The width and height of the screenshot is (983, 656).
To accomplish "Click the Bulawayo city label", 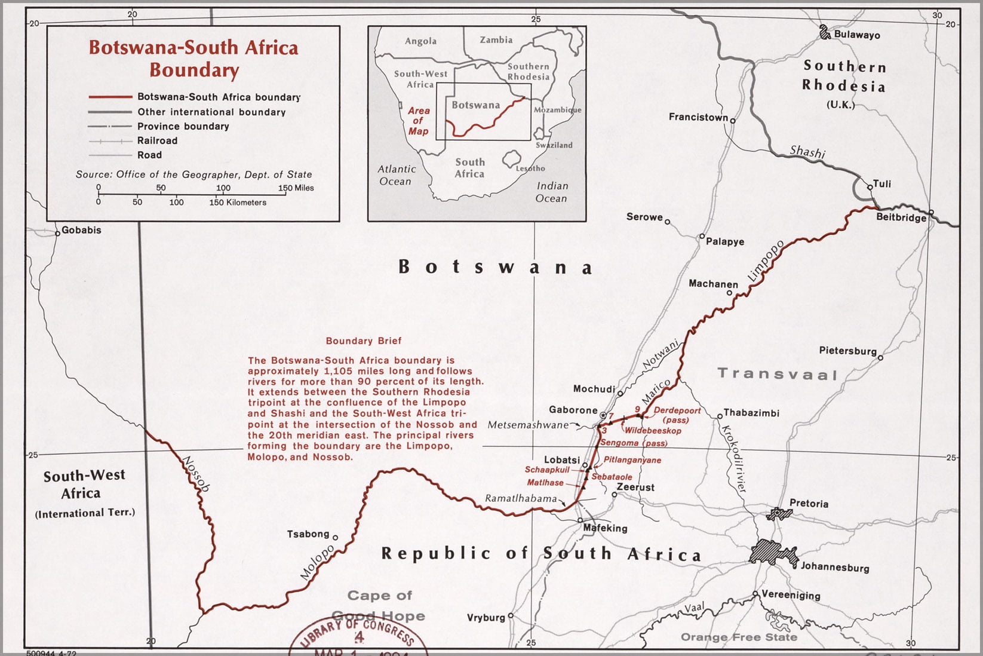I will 856,35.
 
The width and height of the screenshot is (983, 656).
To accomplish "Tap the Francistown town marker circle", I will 733,121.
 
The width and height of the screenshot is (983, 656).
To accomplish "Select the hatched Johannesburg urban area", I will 773,554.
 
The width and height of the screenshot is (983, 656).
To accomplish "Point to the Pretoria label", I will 809,503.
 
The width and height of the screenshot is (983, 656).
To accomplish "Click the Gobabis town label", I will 81,230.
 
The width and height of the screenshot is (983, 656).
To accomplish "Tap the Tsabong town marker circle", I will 335,537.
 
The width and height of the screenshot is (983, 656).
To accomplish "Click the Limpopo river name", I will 765,261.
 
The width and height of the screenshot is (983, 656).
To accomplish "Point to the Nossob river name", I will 195,474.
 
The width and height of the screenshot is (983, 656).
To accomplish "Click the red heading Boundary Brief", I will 363,341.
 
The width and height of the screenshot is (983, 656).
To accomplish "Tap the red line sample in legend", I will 110,97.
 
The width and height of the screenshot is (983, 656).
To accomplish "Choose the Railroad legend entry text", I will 157,141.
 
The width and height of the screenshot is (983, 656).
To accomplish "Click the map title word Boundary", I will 194,70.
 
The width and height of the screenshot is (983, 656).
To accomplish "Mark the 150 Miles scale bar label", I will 296,188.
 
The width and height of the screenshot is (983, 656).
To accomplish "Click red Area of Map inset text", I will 418,121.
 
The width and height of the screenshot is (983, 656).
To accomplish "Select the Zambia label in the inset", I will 496,40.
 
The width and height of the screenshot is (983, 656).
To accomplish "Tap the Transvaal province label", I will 777,374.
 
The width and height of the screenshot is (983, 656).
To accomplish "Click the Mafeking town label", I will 605,528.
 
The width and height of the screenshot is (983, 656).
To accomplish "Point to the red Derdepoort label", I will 677,410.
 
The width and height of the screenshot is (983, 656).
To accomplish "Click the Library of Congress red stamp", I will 358,636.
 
